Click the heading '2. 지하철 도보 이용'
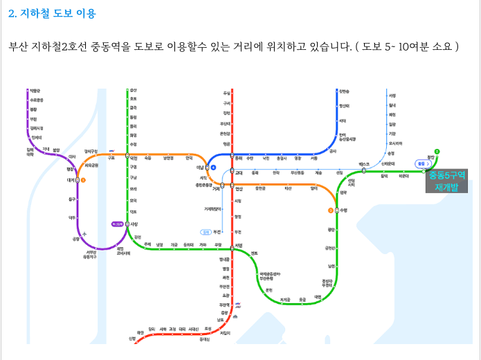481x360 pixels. click(x=52, y=13)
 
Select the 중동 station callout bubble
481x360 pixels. click(x=421, y=163)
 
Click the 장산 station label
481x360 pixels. click(x=431, y=159)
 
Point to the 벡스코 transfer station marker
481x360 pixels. click(x=364, y=170)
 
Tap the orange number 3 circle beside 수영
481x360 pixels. click(x=331, y=209)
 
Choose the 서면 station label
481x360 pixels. click(x=239, y=244)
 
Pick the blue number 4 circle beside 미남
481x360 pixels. click(x=215, y=168)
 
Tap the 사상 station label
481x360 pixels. click(x=135, y=224)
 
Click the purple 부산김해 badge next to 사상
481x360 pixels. click(x=118, y=224)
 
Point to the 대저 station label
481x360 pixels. click(x=71, y=180)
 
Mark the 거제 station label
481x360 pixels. click(x=217, y=188)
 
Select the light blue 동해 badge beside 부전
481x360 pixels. click(x=205, y=231)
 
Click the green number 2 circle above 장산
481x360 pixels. click(x=437, y=151)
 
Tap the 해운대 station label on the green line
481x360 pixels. click(x=403, y=176)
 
